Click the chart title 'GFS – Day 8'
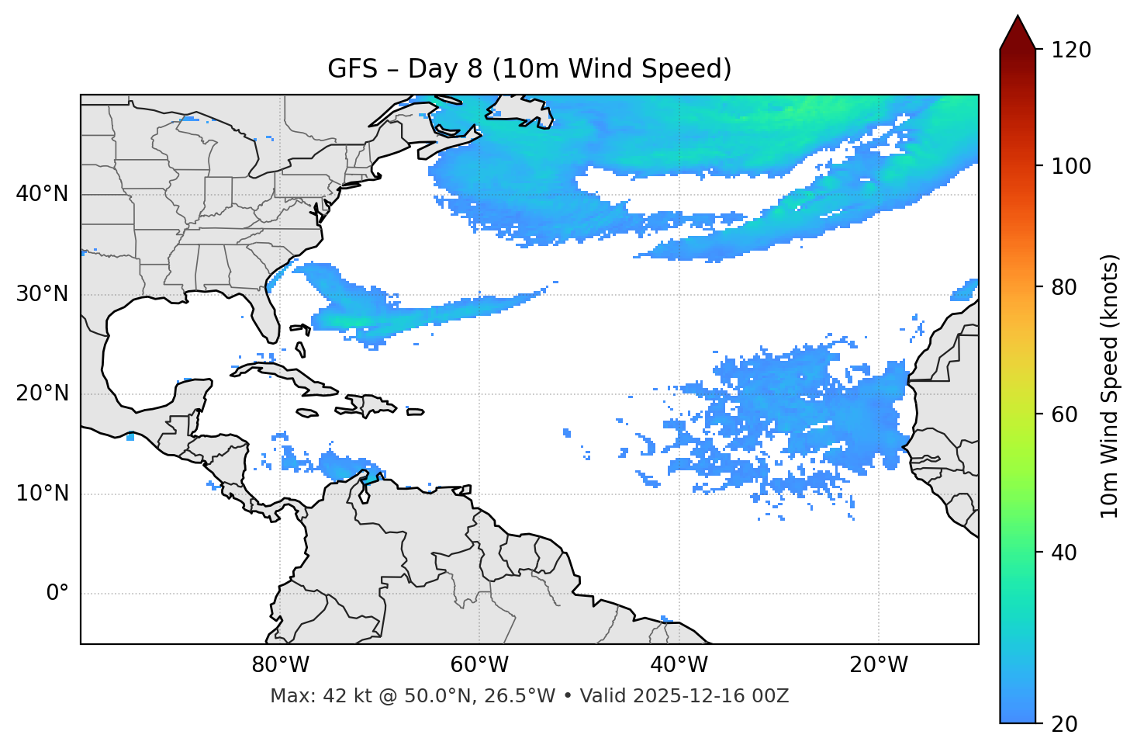(x=529, y=69)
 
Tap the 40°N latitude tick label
(x=42, y=194)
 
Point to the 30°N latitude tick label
(x=42, y=294)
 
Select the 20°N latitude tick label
(x=42, y=393)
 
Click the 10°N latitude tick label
(x=42, y=494)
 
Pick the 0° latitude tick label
(x=57, y=594)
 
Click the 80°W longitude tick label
(x=280, y=665)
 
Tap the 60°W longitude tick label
(x=479, y=665)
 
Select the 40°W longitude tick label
(x=679, y=665)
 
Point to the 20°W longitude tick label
(x=878, y=665)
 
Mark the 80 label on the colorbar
(x=1067, y=287)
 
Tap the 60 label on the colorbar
(x=1067, y=414)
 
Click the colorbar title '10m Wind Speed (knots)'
(x=1110, y=386)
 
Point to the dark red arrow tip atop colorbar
(x=1018, y=27)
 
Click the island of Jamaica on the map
(x=307, y=413)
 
